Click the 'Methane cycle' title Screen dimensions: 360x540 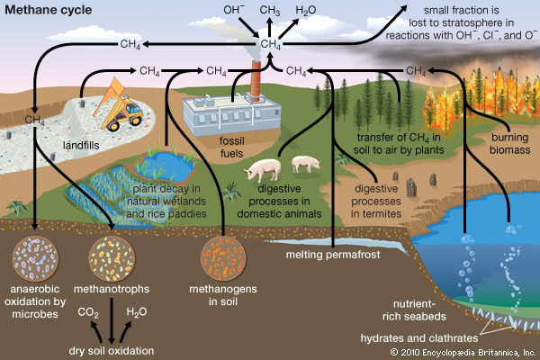pos(45,11)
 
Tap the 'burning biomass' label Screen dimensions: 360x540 pos(508,144)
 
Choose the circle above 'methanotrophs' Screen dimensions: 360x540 pos(112,256)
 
